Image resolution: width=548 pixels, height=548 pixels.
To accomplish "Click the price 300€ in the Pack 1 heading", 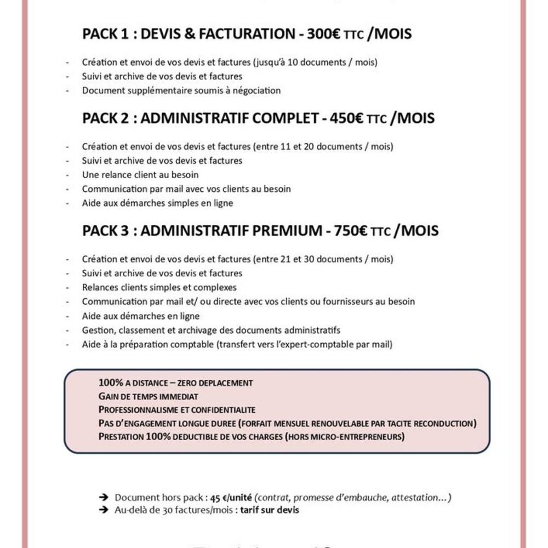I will pos(324,34).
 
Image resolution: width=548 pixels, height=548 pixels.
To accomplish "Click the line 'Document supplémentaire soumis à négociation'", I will pos(181,90).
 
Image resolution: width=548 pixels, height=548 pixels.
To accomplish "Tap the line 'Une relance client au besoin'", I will pos(140,175).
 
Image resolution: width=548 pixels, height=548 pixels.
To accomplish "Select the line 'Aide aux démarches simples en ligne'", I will pos(157,203).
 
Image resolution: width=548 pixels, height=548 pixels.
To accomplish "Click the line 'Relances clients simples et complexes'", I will pos(159,287).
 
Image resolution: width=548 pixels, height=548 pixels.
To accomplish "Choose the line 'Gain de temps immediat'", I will pos(148,396).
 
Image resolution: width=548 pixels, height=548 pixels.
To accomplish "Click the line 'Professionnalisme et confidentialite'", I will pos(177,409).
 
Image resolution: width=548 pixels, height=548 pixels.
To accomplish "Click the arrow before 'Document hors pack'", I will pos(103,498).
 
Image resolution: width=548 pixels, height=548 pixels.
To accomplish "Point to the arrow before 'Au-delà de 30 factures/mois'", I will pos(103,510).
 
